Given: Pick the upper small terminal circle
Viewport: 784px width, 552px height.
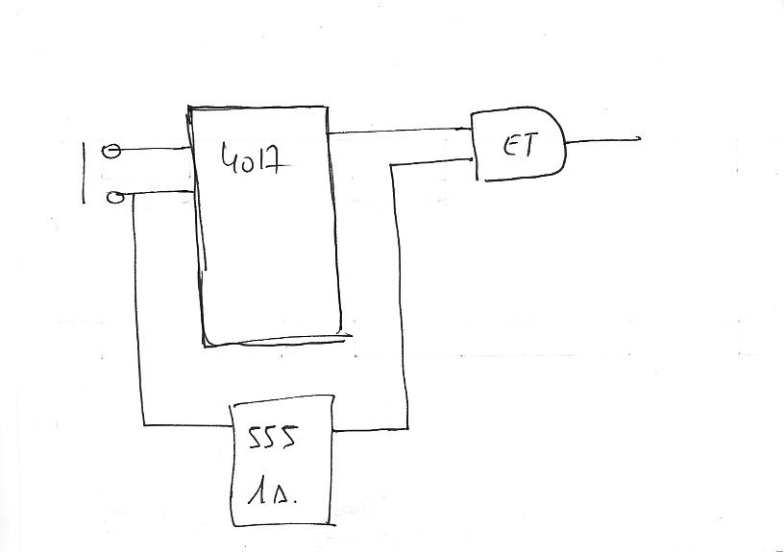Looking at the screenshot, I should coord(111,151).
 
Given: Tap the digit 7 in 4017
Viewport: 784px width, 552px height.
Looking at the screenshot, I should coord(277,158).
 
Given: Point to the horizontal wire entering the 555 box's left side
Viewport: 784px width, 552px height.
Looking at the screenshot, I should coord(186,423).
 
